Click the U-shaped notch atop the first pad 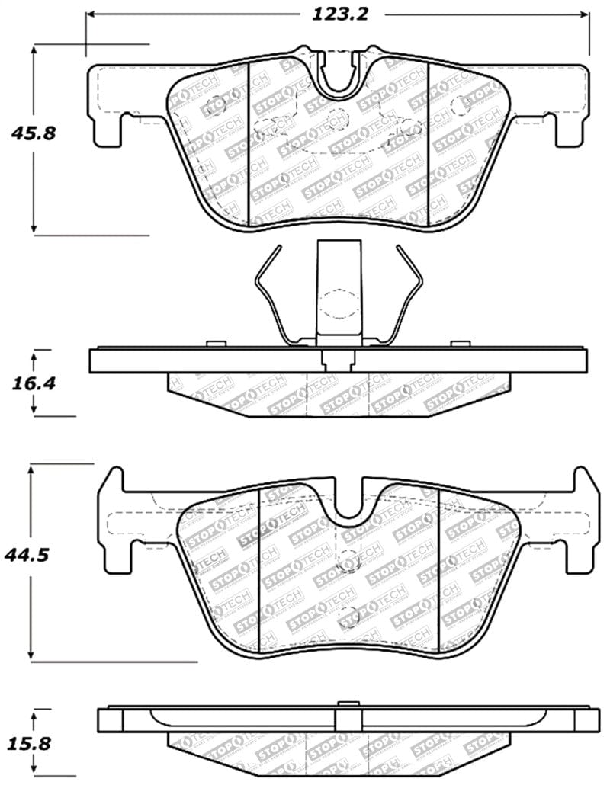(x=341, y=76)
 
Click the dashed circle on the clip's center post (x=338, y=305)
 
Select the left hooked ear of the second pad (x=113, y=488)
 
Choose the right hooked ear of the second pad (x=581, y=488)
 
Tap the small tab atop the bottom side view (x=348, y=704)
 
